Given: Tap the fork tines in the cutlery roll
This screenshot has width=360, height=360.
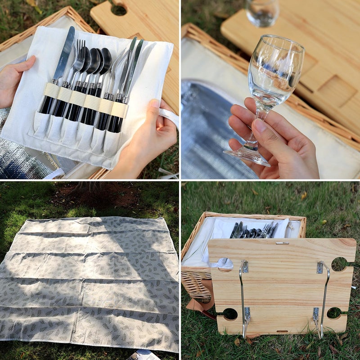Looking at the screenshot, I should [x=80, y=47].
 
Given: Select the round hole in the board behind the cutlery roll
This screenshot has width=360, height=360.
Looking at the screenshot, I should [x=119, y=9].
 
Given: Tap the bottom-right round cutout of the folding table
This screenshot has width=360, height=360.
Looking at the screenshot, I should [x=334, y=313].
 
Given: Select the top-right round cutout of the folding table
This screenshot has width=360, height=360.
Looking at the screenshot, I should [x=339, y=264].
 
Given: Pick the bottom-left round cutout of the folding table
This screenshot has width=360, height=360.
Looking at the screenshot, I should [x=230, y=314].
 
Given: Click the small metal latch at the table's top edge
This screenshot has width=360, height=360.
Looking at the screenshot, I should [x=282, y=243].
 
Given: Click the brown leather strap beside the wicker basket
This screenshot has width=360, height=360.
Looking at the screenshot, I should [x=198, y=306].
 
